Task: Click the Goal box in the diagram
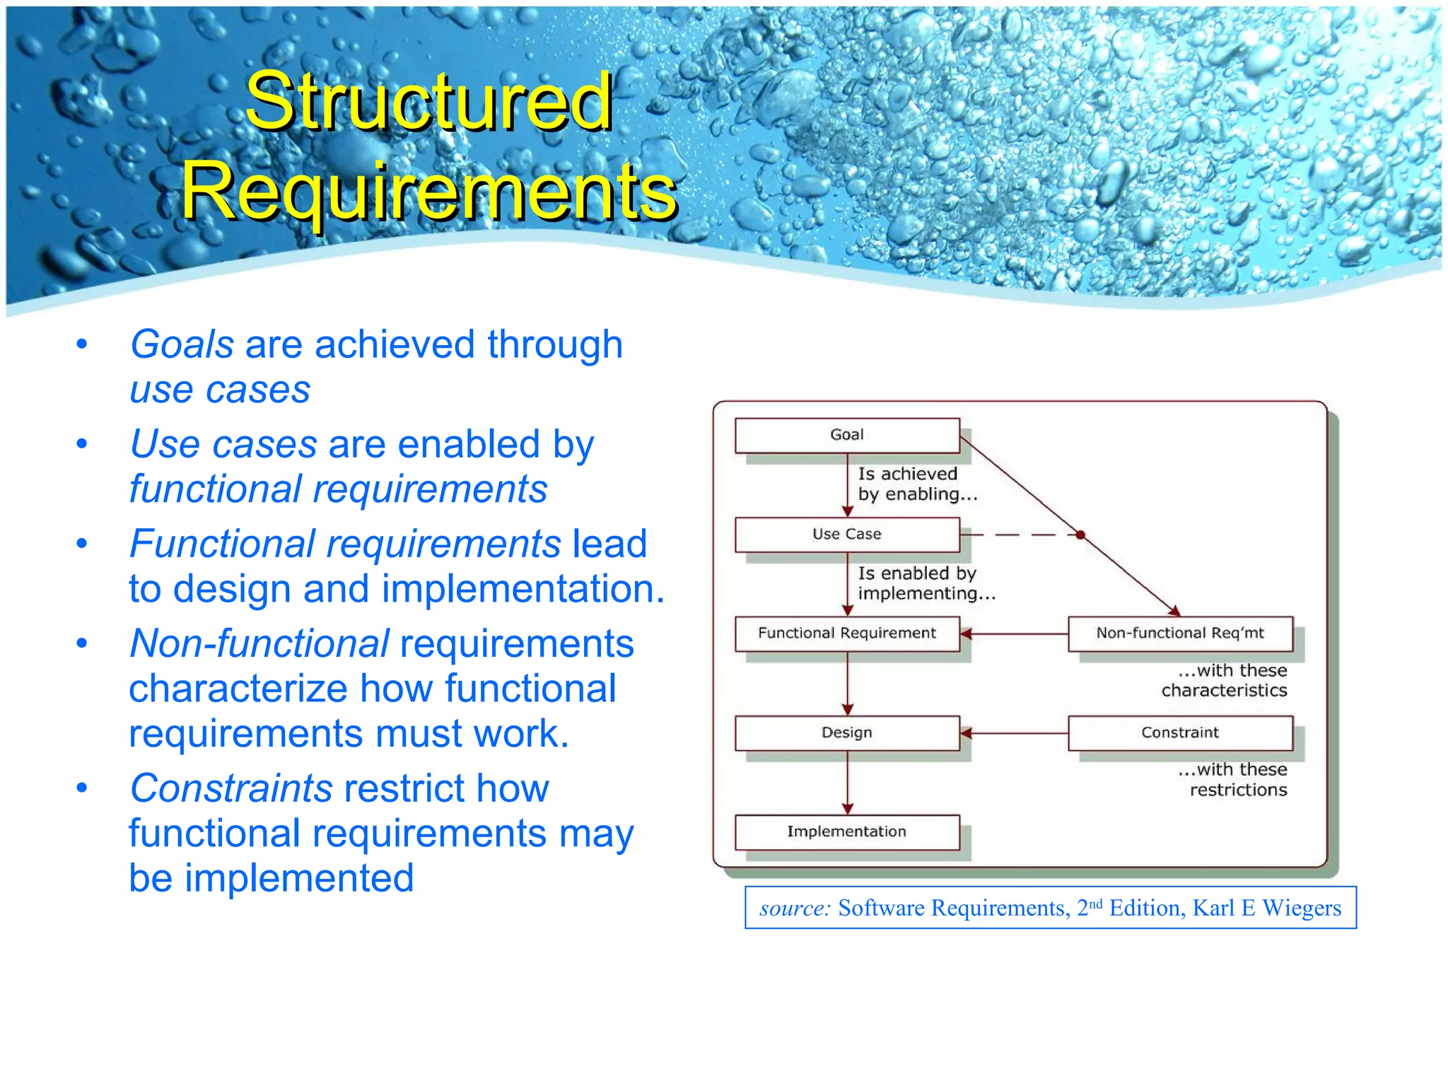[x=847, y=435]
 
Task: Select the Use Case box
[x=847, y=535]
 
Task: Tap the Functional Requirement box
[x=847, y=633]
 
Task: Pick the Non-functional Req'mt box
[x=1180, y=633]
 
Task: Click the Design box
[x=847, y=733]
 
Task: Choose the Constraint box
[x=1180, y=733]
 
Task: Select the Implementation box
[x=847, y=832]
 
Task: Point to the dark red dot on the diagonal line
[x=1080, y=535]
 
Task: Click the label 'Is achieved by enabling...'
[x=917, y=484]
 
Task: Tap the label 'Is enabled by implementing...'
[x=926, y=583]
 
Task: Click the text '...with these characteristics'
[x=1225, y=680]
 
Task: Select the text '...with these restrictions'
[x=1233, y=779]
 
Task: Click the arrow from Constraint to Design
[x=1014, y=733]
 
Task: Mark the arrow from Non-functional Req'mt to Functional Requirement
[x=1014, y=634]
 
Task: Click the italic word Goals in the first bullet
[x=182, y=345]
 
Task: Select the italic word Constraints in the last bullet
[x=231, y=788]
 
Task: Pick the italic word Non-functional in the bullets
[x=259, y=644]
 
